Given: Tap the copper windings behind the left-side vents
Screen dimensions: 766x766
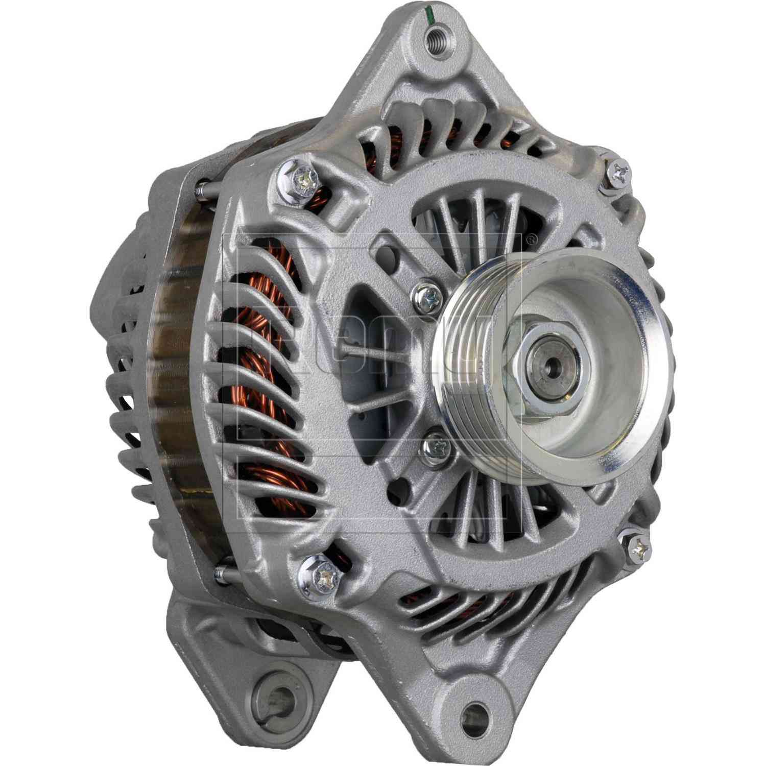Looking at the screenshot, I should pyautogui.click(x=266, y=357).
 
